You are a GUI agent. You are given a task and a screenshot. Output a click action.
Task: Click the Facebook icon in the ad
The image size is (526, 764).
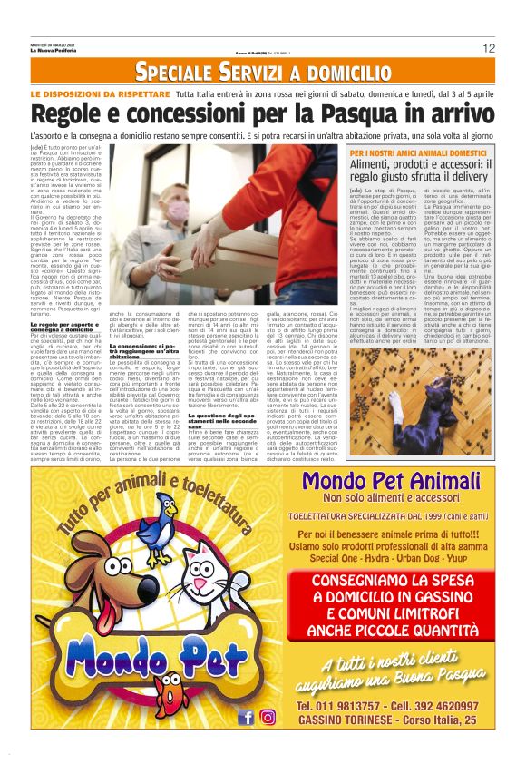(x=245, y=717)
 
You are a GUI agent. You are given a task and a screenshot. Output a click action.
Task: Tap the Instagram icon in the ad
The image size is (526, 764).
(x=268, y=717)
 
